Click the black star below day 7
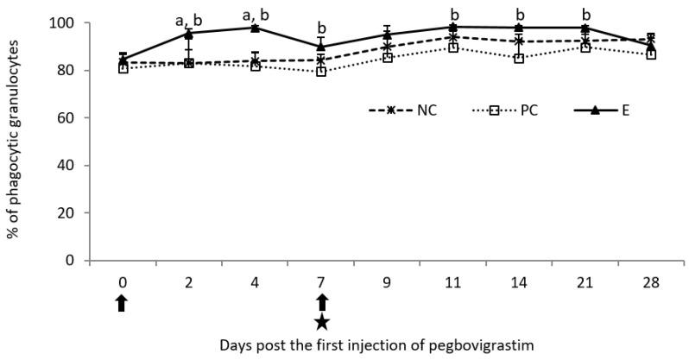[321, 322]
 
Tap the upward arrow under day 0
[122, 301]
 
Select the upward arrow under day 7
[321, 301]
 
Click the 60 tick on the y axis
[70, 117]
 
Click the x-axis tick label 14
[519, 281]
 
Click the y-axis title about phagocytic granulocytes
[15, 140]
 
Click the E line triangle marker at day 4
[255, 28]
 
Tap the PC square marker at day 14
[519, 59]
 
